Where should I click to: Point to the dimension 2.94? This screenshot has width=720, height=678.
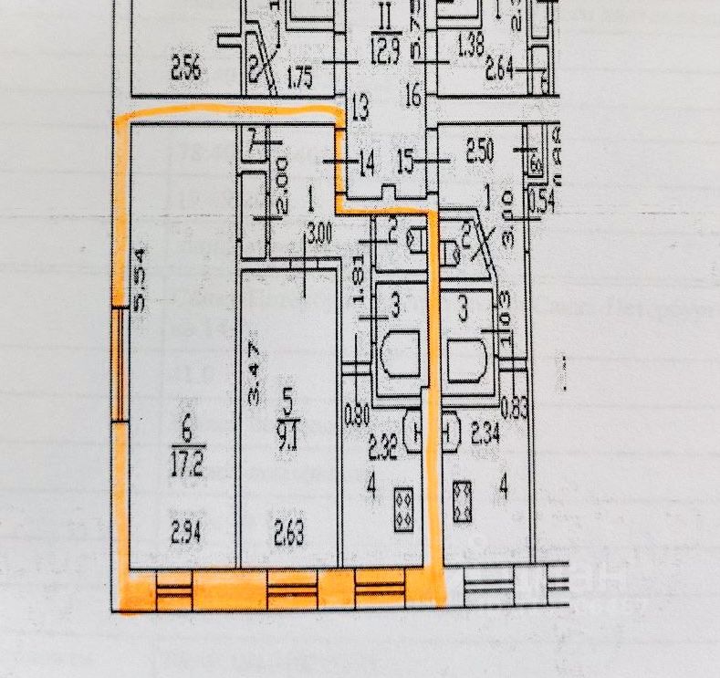(x=186, y=529)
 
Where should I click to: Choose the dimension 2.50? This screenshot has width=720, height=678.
(x=480, y=151)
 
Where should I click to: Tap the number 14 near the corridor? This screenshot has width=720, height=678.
(x=366, y=165)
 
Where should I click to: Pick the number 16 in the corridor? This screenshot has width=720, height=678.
(x=411, y=93)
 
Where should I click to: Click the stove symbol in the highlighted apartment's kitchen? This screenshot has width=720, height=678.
(x=402, y=509)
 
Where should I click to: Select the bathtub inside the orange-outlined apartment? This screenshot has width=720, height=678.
(x=401, y=358)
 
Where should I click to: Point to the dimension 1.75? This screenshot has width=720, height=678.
(x=300, y=78)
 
